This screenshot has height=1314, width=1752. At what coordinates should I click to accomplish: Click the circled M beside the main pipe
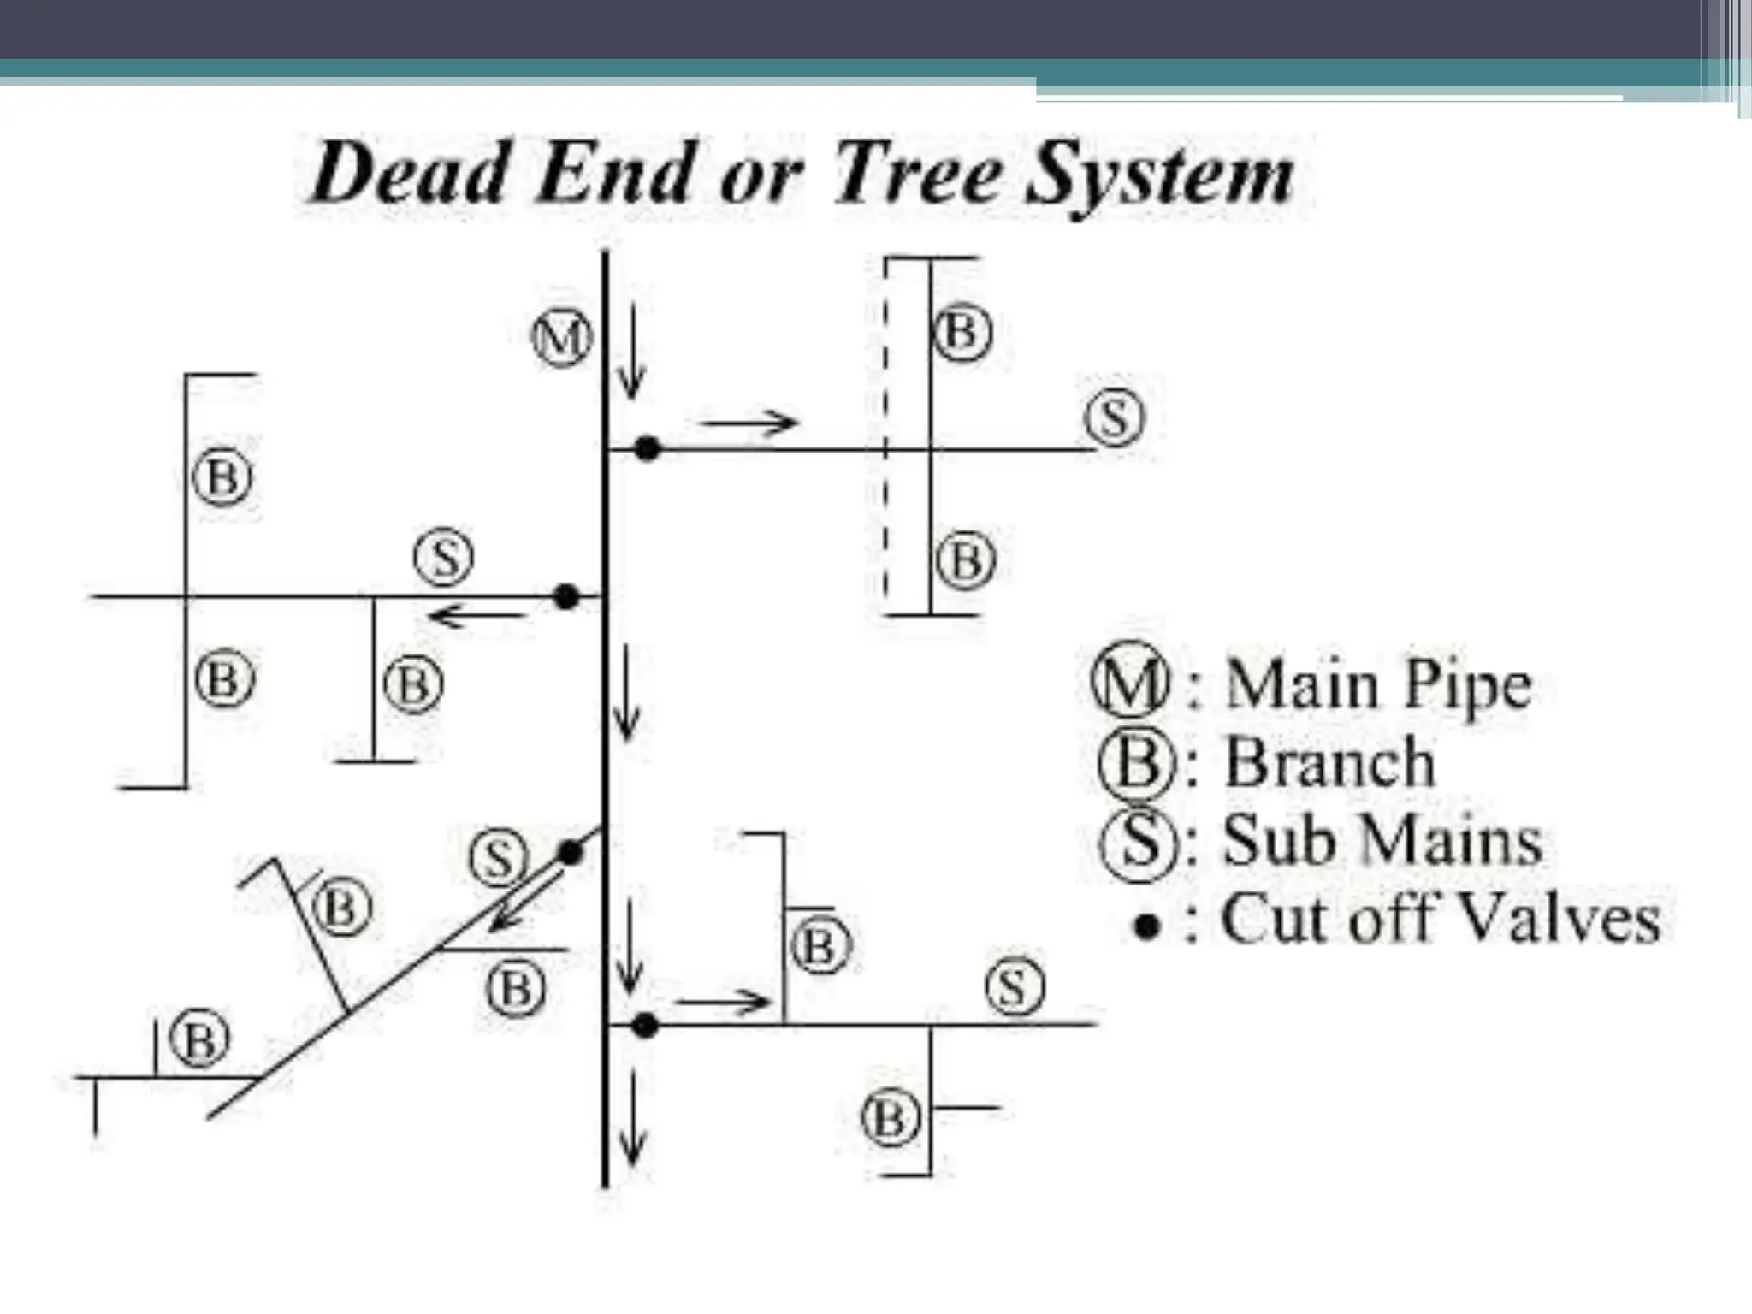point(562,339)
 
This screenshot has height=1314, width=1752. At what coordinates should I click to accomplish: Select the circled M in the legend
point(1130,687)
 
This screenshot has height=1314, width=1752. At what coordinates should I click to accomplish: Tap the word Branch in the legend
point(1329,762)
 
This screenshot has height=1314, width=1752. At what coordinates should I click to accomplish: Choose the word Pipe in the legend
point(1468,687)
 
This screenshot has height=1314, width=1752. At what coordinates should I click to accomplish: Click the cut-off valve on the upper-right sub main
point(648,448)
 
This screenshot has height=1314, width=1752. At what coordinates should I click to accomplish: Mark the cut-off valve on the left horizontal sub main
point(565,596)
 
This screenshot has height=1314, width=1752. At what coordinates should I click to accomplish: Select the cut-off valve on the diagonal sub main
point(570,852)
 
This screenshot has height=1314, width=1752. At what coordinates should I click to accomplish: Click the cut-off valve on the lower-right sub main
point(646,1025)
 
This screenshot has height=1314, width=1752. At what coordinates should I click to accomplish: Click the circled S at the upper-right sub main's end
point(1114,419)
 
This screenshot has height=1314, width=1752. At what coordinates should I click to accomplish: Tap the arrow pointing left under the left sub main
point(476,614)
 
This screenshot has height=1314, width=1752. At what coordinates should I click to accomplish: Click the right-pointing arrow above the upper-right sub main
point(749,421)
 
